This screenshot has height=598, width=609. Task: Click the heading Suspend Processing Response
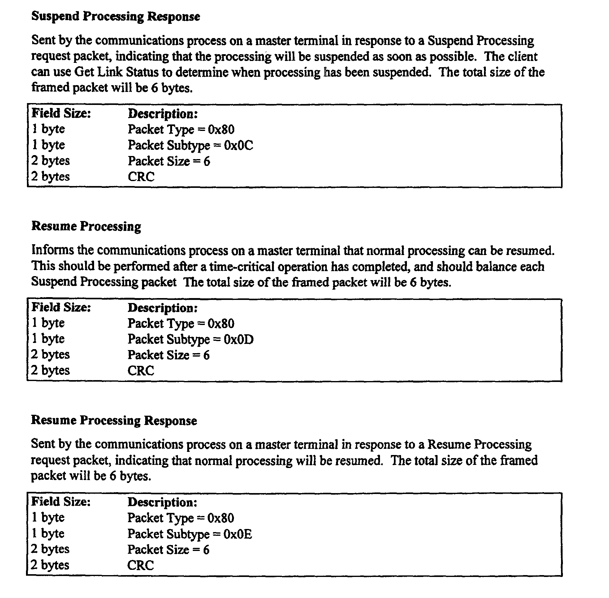click(x=116, y=16)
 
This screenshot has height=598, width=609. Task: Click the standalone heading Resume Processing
click(x=86, y=226)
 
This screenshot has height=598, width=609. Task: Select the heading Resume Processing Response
click(x=114, y=420)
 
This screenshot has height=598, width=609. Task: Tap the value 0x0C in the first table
click(x=238, y=145)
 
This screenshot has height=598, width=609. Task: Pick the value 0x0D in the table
click(x=239, y=340)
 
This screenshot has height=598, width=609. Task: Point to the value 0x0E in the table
click(x=238, y=534)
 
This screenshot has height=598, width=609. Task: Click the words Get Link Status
click(x=117, y=72)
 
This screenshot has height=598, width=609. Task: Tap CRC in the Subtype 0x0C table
click(x=141, y=177)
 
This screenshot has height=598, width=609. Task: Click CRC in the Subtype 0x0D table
click(x=141, y=371)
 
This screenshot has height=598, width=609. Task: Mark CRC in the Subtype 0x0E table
click(x=141, y=565)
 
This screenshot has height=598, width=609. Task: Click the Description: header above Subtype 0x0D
click(x=163, y=308)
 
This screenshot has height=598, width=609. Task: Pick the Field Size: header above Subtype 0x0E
click(x=61, y=501)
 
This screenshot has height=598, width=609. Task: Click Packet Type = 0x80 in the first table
click(x=181, y=129)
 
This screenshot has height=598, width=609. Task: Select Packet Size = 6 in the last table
click(x=168, y=550)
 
